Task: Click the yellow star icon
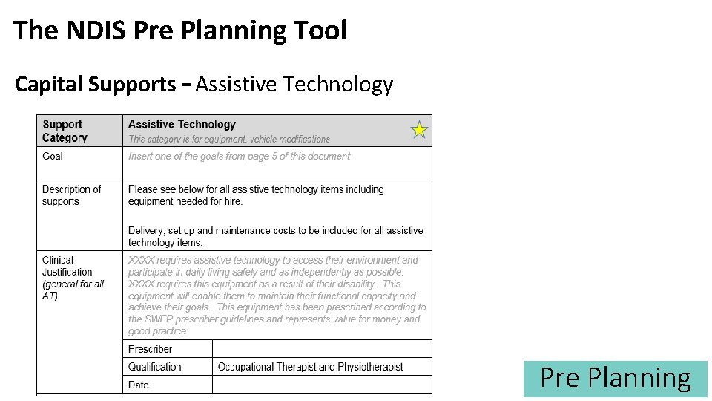(x=419, y=130)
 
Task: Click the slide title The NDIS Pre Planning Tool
(x=179, y=30)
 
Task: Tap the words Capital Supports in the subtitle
(x=96, y=85)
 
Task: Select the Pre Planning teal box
(x=615, y=378)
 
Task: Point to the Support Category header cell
(x=65, y=131)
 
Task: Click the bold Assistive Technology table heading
(x=182, y=125)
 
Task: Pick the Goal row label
(x=53, y=156)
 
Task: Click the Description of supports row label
(x=71, y=195)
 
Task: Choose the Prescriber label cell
(x=151, y=349)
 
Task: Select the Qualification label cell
(x=154, y=367)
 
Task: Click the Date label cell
(x=139, y=385)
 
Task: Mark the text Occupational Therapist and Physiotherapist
(x=310, y=367)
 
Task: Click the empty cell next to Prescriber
(x=321, y=349)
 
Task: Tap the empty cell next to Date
(x=321, y=385)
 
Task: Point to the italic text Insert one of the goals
(x=239, y=156)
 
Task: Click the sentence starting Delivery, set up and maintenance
(x=275, y=236)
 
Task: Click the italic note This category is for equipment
(x=228, y=139)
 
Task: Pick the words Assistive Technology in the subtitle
(x=294, y=85)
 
